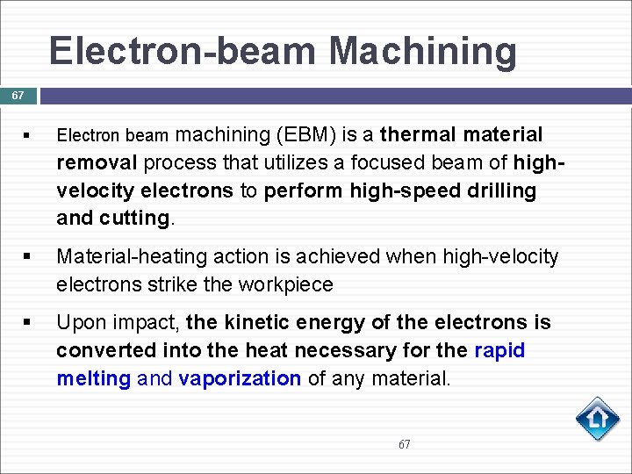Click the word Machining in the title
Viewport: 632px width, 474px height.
[x=423, y=52]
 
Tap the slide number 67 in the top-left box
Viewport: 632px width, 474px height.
[x=18, y=95]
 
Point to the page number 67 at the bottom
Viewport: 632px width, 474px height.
[x=404, y=444]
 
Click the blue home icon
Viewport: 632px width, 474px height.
[x=597, y=419]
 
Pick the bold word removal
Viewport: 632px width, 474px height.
[x=97, y=163]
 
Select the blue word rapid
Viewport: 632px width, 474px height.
[x=499, y=350]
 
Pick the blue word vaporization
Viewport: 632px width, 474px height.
[x=240, y=378]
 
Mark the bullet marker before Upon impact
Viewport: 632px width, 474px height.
[x=29, y=323]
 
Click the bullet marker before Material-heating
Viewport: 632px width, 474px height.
[x=29, y=257]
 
